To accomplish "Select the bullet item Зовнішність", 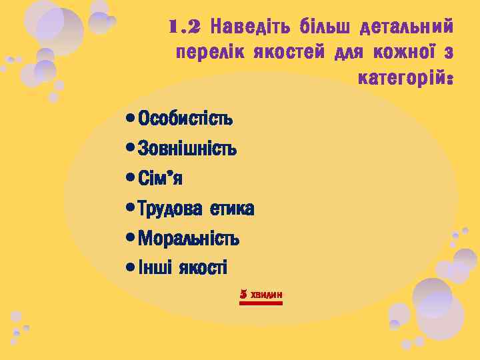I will coord(187,149).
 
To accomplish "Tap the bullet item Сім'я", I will coord(161,179).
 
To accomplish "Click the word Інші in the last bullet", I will coord(155,268).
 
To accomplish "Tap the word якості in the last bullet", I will coord(202,268).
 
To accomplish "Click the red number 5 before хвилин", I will coord(243,293).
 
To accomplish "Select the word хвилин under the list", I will coord(267,294).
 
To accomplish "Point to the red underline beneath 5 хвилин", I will coord(261,303).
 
